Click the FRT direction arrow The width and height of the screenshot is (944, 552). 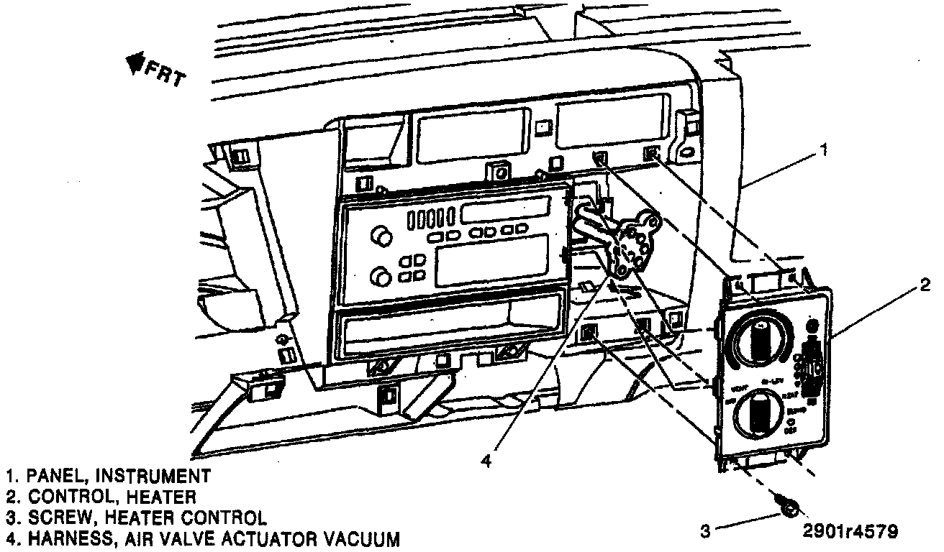click(x=132, y=66)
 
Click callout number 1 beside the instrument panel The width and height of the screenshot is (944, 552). click(x=825, y=150)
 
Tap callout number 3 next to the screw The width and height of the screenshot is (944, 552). click(x=705, y=532)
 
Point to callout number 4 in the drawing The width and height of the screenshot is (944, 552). click(x=486, y=462)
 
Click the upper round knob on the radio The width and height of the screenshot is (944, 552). click(x=379, y=236)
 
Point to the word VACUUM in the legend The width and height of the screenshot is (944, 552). click(x=353, y=539)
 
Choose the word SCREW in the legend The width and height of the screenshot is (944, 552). click(x=53, y=517)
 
